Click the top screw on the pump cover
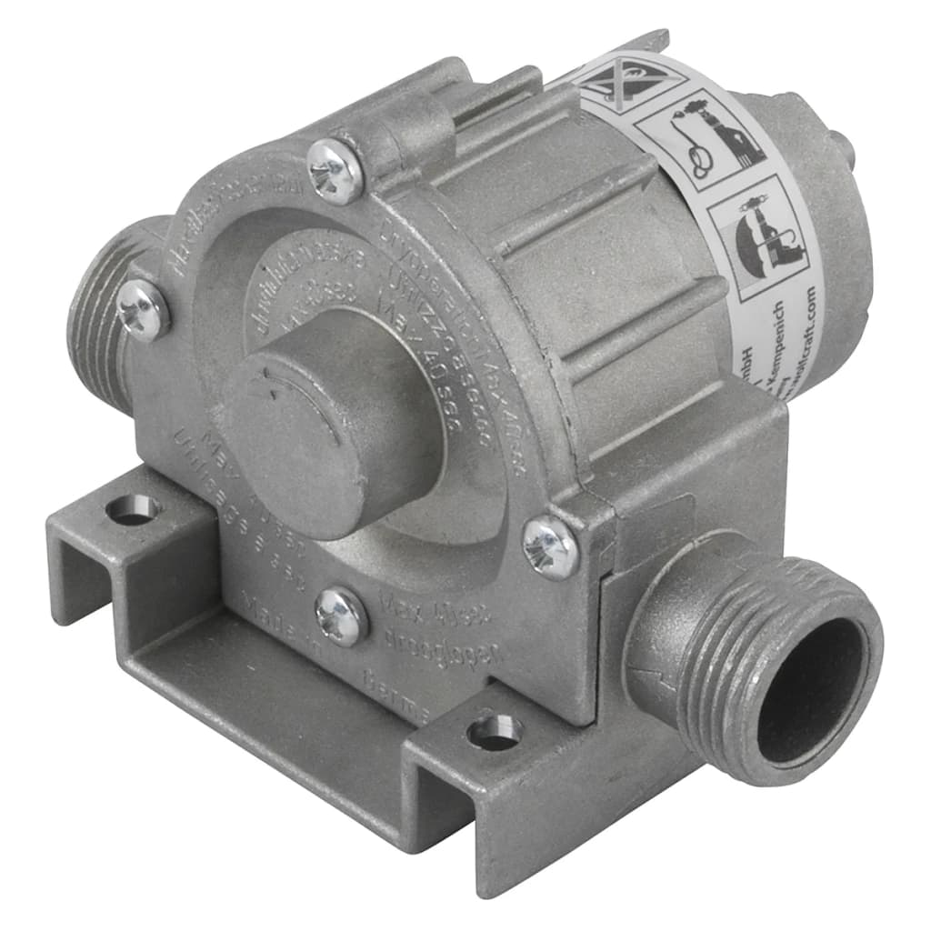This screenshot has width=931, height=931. (x=335, y=170)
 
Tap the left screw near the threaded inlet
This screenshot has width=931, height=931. (x=144, y=310)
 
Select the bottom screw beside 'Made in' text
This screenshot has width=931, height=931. (x=342, y=616)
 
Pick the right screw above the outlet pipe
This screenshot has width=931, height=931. (x=551, y=546)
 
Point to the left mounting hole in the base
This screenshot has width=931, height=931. (x=133, y=509)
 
